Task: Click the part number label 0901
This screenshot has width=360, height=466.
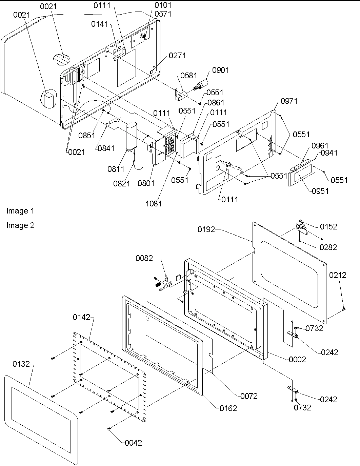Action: click(221, 70)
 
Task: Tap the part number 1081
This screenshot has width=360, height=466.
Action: click(154, 203)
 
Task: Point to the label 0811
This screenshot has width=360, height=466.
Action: click(116, 169)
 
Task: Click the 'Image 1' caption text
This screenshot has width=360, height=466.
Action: click(20, 211)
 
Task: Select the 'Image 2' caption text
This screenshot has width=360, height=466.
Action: click(20, 225)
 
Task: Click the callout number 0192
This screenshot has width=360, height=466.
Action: click(206, 229)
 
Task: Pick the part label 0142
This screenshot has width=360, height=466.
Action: click(82, 317)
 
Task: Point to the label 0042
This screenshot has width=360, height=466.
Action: click(133, 443)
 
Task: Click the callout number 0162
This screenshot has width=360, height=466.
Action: click(228, 408)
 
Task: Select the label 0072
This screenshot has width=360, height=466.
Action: click(249, 396)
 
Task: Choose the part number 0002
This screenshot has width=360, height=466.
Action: click(297, 359)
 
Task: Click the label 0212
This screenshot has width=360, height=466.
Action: click(338, 275)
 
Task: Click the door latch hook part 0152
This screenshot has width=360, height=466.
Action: click(301, 227)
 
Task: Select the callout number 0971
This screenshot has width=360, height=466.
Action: click(289, 101)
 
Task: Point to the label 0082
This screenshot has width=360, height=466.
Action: click(144, 258)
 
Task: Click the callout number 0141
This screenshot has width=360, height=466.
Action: click(99, 24)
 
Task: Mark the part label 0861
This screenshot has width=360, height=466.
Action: click(216, 102)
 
